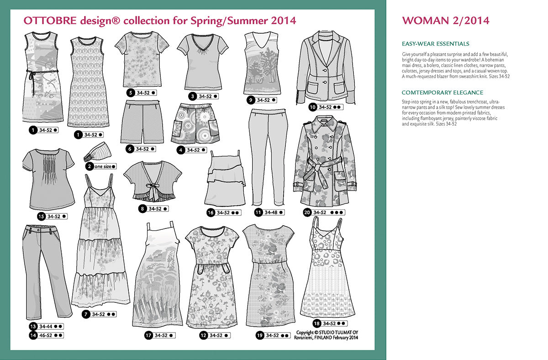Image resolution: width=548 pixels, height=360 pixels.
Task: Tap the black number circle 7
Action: [x=85, y=314]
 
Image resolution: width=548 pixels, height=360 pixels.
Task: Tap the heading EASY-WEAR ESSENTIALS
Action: [x=435, y=44]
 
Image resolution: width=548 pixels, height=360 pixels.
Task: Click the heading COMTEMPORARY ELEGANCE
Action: [x=442, y=92]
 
